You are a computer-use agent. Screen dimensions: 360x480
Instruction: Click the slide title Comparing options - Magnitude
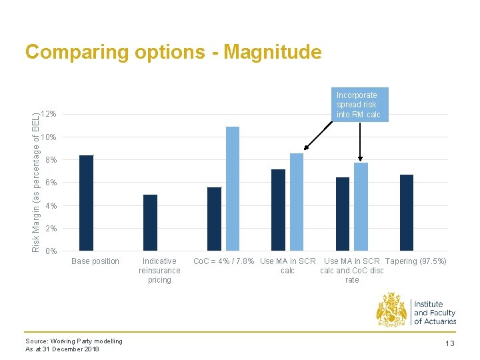[x=173, y=52]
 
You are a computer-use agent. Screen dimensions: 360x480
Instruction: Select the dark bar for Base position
[x=87, y=203]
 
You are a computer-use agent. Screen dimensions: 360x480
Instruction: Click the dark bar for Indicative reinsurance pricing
[x=151, y=223]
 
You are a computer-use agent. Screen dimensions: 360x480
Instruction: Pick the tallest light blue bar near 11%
[x=233, y=189]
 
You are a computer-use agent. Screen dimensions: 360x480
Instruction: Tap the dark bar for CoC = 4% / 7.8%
[x=214, y=219]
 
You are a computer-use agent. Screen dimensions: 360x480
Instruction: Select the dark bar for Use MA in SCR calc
[x=278, y=210]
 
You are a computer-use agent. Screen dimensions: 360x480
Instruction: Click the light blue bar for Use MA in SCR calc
[x=297, y=202]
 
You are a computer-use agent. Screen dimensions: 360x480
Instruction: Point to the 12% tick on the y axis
[x=48, y=115]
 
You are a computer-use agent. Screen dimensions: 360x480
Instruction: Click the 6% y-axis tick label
[x=51, y=183]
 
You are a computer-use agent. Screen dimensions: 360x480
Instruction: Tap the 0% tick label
[x=51, y=251]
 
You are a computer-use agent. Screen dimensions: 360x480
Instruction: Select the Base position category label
[x=95, y=261]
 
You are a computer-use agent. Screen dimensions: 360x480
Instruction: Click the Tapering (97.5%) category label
[x=416, y=261]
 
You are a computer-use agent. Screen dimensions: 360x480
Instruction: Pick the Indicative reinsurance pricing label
[x=159, y=271]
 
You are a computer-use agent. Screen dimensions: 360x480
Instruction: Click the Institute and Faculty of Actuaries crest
[x=391, y=310]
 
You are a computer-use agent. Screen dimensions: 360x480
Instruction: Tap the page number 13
[x=450, y=343]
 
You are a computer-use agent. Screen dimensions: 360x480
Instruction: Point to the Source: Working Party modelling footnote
[x=74, y=341]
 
